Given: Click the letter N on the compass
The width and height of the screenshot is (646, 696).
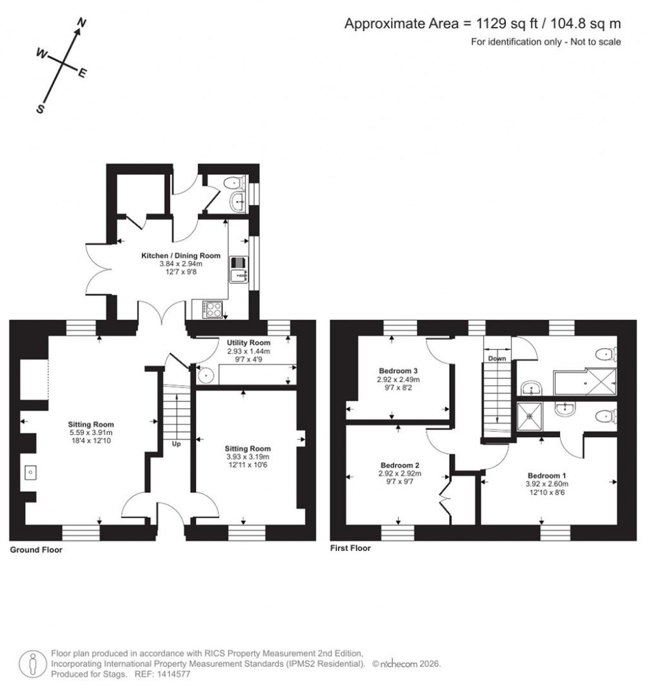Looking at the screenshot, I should pyautogui.click(x=81, y=23).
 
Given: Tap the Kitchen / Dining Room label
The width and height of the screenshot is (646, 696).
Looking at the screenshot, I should pyautogui.click(x=180, y=255).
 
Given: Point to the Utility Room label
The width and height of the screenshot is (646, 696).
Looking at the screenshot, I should pyautogui.click(x=249, y=342).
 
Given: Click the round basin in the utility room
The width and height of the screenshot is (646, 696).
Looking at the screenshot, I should pyautogui.click(x=206, y=375).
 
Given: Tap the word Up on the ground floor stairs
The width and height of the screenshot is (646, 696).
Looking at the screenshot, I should pyautogui.click(x=176, y=444).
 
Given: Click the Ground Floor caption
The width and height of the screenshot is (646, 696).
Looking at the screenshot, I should pyautogui.click(x=36, y=550).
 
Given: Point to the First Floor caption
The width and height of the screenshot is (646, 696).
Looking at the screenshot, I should pyautogui.click(x=350, y=548).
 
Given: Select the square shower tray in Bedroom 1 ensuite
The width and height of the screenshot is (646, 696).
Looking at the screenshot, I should pyautogui.click(x=529, y=414).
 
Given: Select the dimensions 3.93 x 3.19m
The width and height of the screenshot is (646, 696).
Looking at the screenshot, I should pyautogui.click(x=248, y=457).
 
